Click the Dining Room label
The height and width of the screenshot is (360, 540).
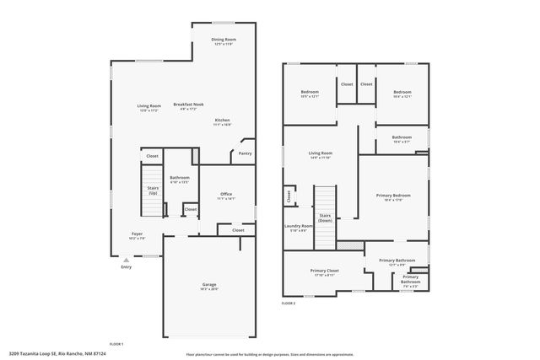pyautogui.click(x=224, y=39)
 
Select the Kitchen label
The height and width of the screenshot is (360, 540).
pyautogui.click(x=222, y=120)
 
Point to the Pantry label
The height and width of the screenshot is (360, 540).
pyautogui.click(x=245, y=153)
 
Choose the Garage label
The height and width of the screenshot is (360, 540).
pyautogui.click(x=209, y=284)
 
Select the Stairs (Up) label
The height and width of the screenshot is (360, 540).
pyautogui.click(x=153, y=191)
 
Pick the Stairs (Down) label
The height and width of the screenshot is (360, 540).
pyautogui.click(x=325, y=218)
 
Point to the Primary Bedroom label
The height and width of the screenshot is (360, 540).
pyautogui.click(x=393, y=195)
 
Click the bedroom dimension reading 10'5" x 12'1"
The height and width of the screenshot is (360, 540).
pyautogui.click(x=310, y=96)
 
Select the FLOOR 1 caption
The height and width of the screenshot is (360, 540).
pyautogui.click(x=116, y=344)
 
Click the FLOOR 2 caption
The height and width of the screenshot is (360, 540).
pyautogui.click(x=289, y=303)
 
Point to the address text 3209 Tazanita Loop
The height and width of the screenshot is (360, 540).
pyautogui.click(x=57, y=354)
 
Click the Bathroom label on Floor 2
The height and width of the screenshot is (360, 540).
pyautogui.click(x=402, y=137)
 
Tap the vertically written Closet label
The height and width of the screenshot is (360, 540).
pyautogui.click(x=289, y=196)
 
